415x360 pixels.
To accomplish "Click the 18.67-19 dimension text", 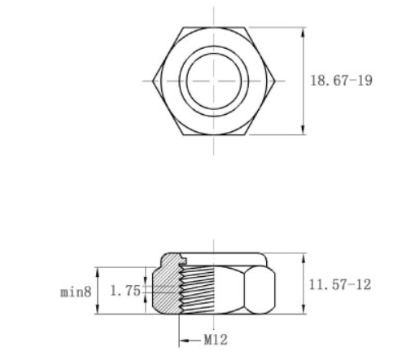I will pyautogui.click(x=342, y=81).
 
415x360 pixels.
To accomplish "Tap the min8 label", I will pyautogui.click(x=75, y=290).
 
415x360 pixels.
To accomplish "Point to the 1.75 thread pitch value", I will pyautogui.click(x=125, y=290).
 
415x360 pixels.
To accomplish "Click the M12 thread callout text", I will pyautogui.click(x=214, y=340).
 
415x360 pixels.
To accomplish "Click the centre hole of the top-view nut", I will pyautogui.click(x=215, y=81).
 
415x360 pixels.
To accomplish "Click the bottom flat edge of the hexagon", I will pyautogui.click(x=215, y=133).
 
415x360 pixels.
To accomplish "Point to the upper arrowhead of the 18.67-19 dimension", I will pyautogui.click(x=304, y=33).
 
